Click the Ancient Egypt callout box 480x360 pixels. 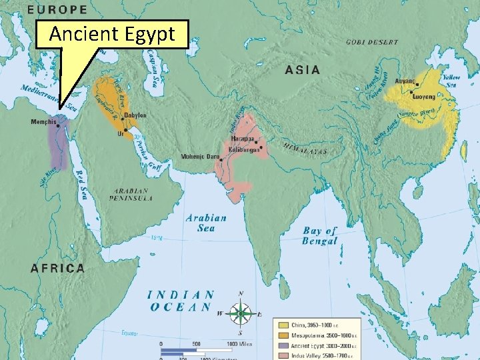pyautogui.click(x=112, y=33)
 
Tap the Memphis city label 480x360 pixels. pyautogui.click(x=43, y=122)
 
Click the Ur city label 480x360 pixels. pyautogui.click(x=120, y=133)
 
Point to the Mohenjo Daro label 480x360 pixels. pyautogui.click(x=200, y=157)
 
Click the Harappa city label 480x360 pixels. pyautogui.click(x=242, y=138)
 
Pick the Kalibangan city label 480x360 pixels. pyautogui.click(x=244, y=149)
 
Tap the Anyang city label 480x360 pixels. pyautogui.click(x=405, y=81)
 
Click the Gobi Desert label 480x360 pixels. pyautogui.click(x=372, y=42)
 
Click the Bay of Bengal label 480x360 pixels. pyautogui.click(x=320, y=236)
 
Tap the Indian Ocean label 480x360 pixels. pyautogui.click(x=181, y=301)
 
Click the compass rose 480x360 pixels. pyautogui.click(x=241, y=313)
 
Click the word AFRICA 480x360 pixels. pyautogui.click(x=58, y=268)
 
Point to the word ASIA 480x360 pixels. pyautogui.click(x=303, y=69)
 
